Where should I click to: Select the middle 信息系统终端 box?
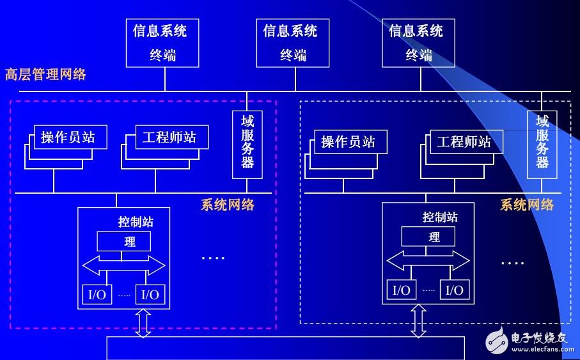(293, 42)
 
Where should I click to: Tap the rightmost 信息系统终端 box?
(418, 42)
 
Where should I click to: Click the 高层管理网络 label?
(45, 75)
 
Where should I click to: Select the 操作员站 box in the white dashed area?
(350, 142)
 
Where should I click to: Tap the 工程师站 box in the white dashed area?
(466, 142)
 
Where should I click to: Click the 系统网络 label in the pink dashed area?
(228, 205)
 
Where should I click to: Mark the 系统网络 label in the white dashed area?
(527, 205)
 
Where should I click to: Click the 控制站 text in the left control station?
(136, 222)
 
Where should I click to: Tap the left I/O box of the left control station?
(97, 295)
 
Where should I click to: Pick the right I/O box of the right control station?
(454, 290)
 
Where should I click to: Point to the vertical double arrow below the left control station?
(143, 324)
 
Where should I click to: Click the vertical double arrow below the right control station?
(419, 322)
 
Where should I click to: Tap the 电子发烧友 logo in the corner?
(527, 341)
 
